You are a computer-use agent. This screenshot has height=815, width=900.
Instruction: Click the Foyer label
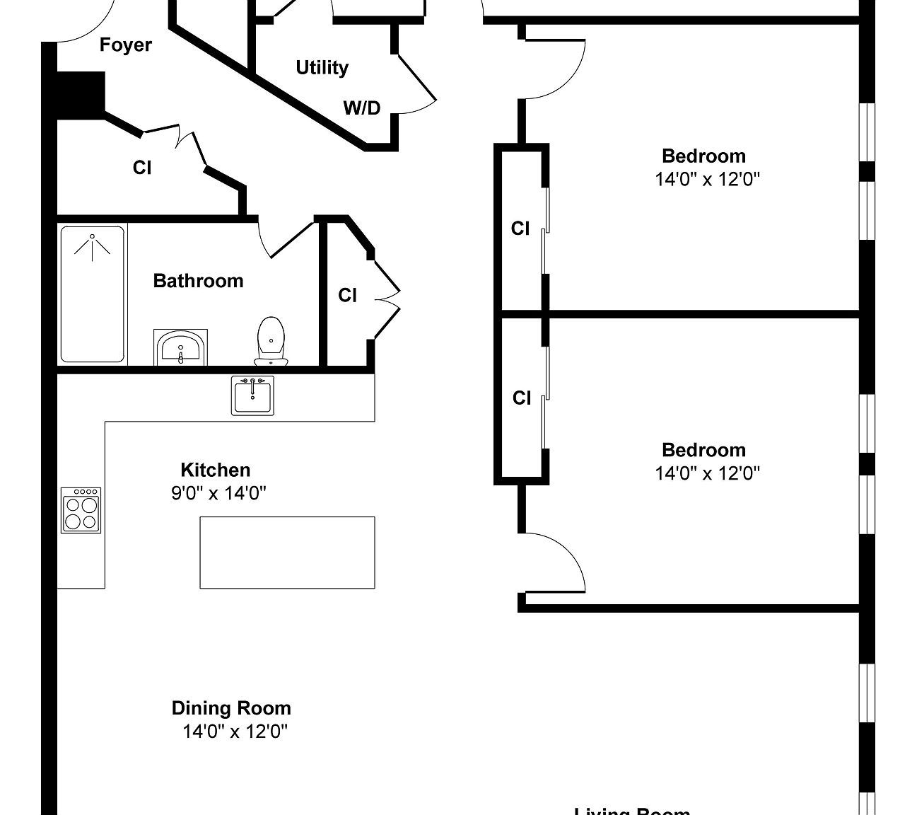(125, 45)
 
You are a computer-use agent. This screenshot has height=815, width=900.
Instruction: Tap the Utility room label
(322, 68)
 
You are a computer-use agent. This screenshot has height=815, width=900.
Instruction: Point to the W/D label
(361, 108)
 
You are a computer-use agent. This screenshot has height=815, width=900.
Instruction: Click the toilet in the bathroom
(271, 341)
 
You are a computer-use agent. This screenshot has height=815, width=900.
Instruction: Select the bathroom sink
(180, 347)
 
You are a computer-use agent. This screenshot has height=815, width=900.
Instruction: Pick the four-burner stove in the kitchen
(81, 510)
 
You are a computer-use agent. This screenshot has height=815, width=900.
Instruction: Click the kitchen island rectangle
(287, 552)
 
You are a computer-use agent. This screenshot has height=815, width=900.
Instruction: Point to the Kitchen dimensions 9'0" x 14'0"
(218, 493)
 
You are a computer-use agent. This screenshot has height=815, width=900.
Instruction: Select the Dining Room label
(231, 708)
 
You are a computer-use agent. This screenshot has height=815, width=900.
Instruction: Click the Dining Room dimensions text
(235, 732)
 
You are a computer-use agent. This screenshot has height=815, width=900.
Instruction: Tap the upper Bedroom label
(703, 156)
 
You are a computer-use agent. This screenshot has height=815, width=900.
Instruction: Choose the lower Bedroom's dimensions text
(707, 473)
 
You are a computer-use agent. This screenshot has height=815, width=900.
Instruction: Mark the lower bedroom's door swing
(555, 562)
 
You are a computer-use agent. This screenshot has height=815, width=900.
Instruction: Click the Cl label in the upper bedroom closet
(520, 229)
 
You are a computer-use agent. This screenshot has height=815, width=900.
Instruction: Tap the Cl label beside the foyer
(142, 168)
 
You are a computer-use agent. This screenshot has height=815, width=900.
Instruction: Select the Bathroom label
(198, 281)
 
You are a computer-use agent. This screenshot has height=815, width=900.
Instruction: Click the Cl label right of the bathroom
(347, 295)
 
